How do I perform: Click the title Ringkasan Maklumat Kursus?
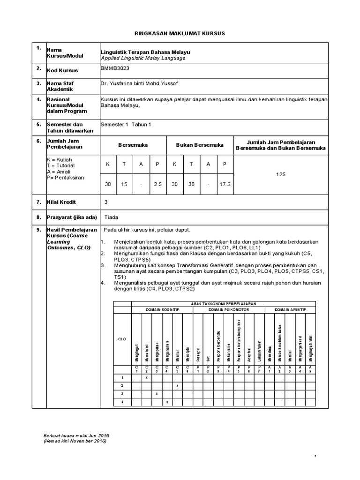tap(180, 34)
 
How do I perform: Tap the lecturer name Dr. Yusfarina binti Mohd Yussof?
tap(139, 83)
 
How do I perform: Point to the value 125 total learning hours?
tap(281, 174)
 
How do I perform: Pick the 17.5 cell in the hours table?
tap(225, 185)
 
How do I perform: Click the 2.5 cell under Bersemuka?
tap(157, 185)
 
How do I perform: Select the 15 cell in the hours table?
tap(124, 185)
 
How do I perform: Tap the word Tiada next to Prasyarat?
tap(111, 217)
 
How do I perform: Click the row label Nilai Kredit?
tap(61, 202)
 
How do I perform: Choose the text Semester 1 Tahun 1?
tap(126, 124)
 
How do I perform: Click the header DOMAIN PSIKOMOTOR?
tap(229, 310)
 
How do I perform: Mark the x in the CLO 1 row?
tap(147, 377)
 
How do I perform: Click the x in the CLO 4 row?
tap(167, 402)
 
